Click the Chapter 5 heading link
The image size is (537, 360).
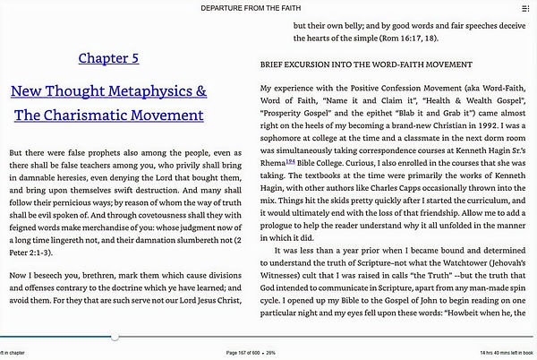pyautogui.click(x=108, y=58)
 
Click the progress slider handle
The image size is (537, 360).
pyautogui.click(x=115, y=337)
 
